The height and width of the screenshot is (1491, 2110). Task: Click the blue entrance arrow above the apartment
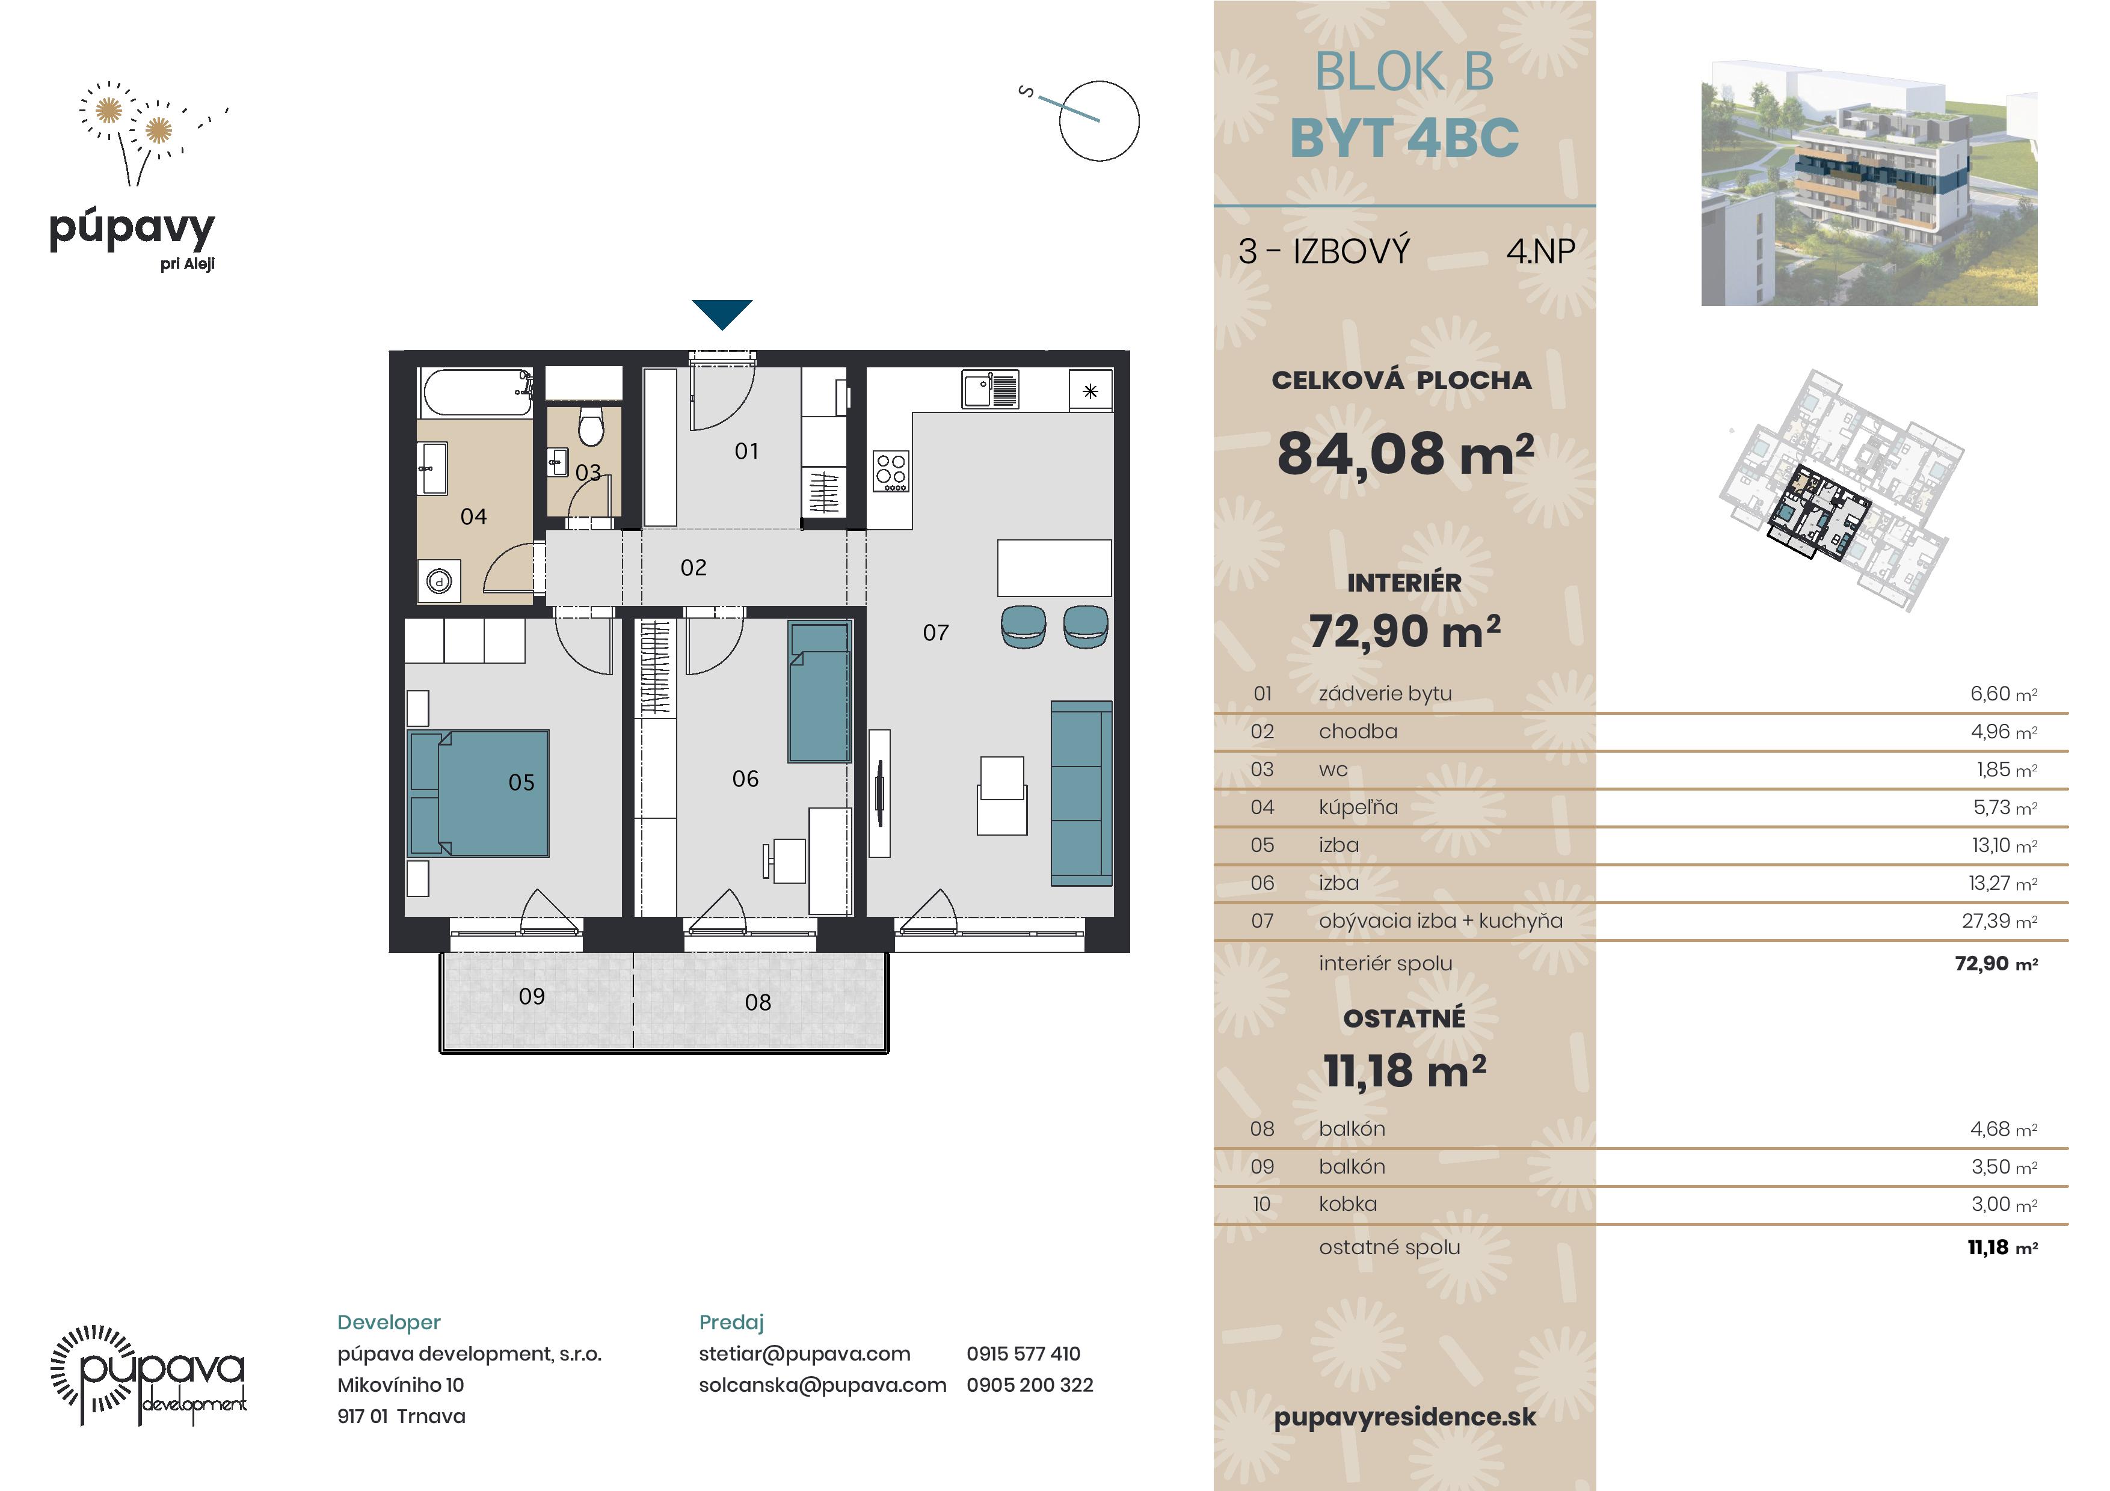click(722, 313)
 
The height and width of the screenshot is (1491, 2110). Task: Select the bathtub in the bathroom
click(476, 393)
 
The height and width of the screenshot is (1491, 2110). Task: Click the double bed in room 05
click(478, 794)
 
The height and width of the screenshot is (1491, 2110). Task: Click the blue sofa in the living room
click(1081, 794)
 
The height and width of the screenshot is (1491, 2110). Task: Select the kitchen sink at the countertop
click(990, 388)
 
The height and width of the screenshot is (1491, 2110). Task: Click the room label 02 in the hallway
click(694, 568)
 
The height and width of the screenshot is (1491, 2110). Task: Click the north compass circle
click(1099, 120)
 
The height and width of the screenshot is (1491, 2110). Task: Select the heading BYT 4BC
click(1404, 138)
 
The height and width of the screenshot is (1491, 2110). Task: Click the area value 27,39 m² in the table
click(1999, 920)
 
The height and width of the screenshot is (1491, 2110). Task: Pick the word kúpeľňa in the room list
click(1358, 807)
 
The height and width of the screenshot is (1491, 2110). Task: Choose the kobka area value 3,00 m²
click(2004, 1204)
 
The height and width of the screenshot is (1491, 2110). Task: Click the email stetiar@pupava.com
click(804, 1353)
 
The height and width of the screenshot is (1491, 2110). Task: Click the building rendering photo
click(1869, 184)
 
